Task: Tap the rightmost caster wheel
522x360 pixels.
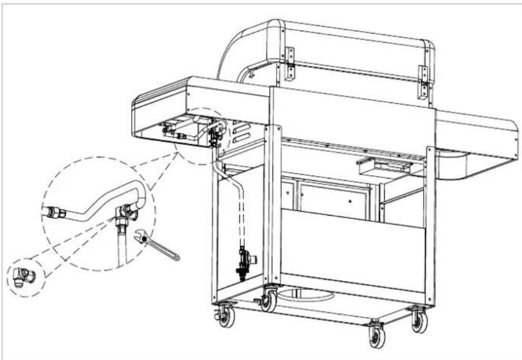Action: (x=420, y=321)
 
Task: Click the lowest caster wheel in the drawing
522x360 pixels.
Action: (x=377, y=336)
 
